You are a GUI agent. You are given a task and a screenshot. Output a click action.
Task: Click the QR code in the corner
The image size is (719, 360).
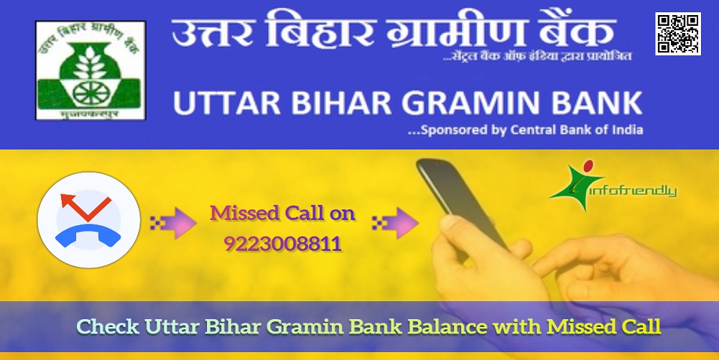[678, 34]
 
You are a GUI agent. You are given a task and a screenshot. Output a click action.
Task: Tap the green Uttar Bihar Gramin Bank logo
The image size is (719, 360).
[91, 70]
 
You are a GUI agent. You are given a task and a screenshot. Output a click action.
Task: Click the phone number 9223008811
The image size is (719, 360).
[283, 244]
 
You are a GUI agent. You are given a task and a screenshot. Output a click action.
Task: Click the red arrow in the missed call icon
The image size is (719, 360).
[85, 207]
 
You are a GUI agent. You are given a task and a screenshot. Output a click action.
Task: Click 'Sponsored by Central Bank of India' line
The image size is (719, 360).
[526, 130]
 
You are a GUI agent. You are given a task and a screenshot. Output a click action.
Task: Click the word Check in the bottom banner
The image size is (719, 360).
[108, 327]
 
